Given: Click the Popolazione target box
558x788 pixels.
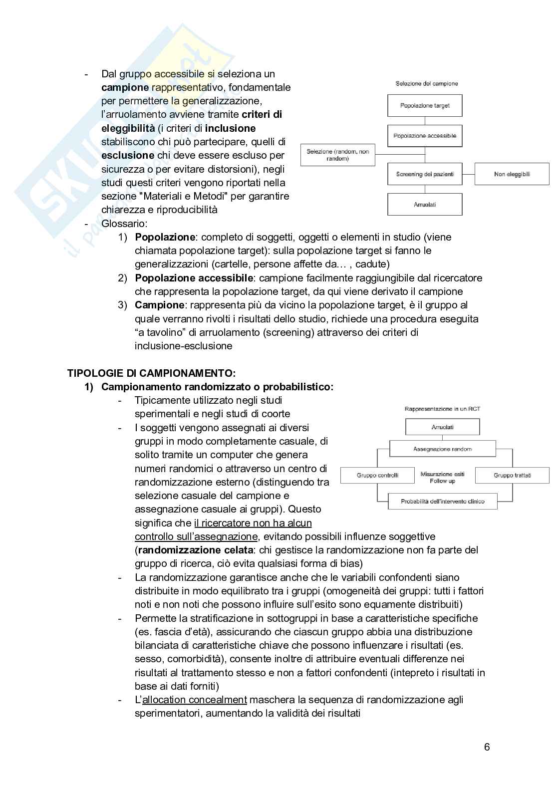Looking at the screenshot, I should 425,106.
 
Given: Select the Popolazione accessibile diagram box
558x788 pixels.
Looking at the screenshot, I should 425,136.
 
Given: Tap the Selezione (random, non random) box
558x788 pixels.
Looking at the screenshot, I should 337,155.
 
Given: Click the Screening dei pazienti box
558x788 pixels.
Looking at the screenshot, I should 425,174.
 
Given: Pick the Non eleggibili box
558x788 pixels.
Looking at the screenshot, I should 512,174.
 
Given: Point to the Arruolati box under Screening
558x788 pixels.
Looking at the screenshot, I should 425,205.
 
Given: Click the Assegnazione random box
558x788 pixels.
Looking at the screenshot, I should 442,449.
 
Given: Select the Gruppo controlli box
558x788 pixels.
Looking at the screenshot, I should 377,475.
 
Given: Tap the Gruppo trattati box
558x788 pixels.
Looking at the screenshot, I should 512,475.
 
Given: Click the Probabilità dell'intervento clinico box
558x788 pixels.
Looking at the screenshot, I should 442,502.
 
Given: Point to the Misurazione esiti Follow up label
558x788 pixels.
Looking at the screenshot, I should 442,478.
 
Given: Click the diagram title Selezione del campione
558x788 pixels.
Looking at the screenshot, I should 426,83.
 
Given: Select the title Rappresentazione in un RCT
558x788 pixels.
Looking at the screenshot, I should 442,409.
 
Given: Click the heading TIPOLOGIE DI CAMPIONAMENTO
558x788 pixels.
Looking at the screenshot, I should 151,373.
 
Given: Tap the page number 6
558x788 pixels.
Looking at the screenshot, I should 487,747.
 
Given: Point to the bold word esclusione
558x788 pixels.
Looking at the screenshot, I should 128,155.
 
